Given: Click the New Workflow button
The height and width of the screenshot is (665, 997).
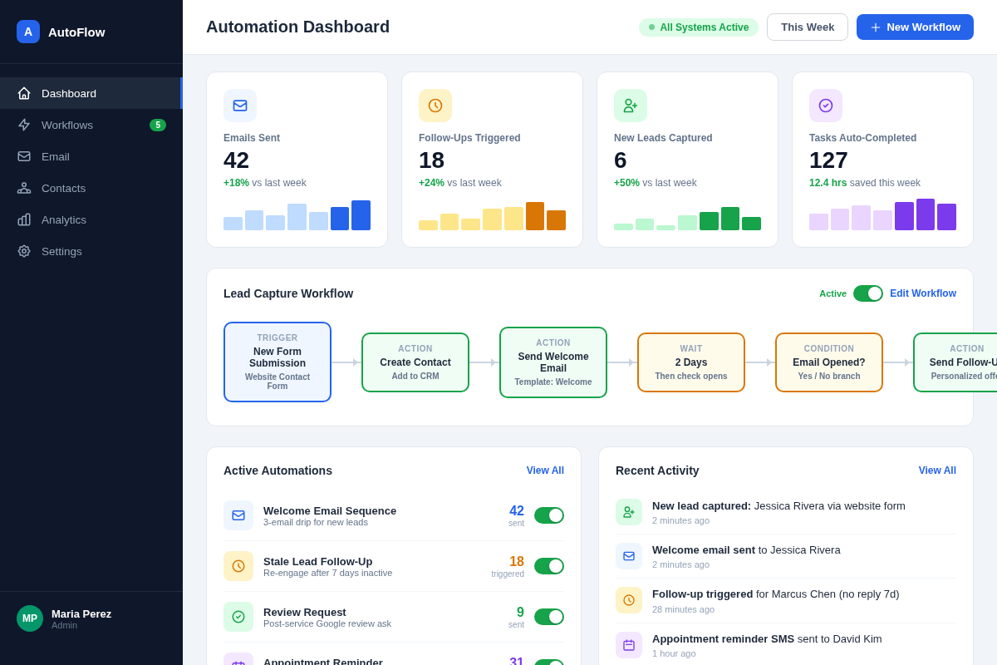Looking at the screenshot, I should click(915, 27).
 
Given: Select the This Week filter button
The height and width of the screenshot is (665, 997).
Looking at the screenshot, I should click(807, 27).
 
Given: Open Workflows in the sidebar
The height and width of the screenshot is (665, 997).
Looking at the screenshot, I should click(67, 125).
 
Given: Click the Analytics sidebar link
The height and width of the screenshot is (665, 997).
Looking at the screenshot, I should click(64, 219).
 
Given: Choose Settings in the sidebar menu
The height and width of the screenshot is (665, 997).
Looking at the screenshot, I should click(61, 251).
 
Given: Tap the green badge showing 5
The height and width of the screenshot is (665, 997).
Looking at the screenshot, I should click(158, 125).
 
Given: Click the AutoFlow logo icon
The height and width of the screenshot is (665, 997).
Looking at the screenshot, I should click(28, 32).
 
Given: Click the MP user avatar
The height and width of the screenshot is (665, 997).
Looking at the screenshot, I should click(30, 618).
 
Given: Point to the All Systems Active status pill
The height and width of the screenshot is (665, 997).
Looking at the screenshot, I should click(698, 27).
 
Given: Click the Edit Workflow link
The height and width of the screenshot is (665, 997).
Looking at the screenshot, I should click(922, 293).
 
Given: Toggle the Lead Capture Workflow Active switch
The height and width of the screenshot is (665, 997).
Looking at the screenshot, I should click(867, 293).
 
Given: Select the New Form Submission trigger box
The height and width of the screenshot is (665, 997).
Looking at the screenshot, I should click(277, 362).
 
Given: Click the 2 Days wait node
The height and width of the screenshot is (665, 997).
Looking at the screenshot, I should click(691, 362).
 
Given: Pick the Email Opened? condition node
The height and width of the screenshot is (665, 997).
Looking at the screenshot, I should click(828, 362).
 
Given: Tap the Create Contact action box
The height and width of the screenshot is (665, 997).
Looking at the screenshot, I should click(415, 362).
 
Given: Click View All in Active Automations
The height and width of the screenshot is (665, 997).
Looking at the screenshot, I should click(545, 470).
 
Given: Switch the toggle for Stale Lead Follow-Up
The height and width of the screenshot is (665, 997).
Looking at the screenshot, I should click(548, 566).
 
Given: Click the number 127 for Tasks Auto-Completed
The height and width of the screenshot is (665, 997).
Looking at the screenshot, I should click(828, 160).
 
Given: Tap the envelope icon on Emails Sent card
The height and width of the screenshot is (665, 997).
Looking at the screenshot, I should click(240, 106).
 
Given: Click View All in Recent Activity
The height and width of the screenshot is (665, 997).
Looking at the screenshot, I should click(937, 470).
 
